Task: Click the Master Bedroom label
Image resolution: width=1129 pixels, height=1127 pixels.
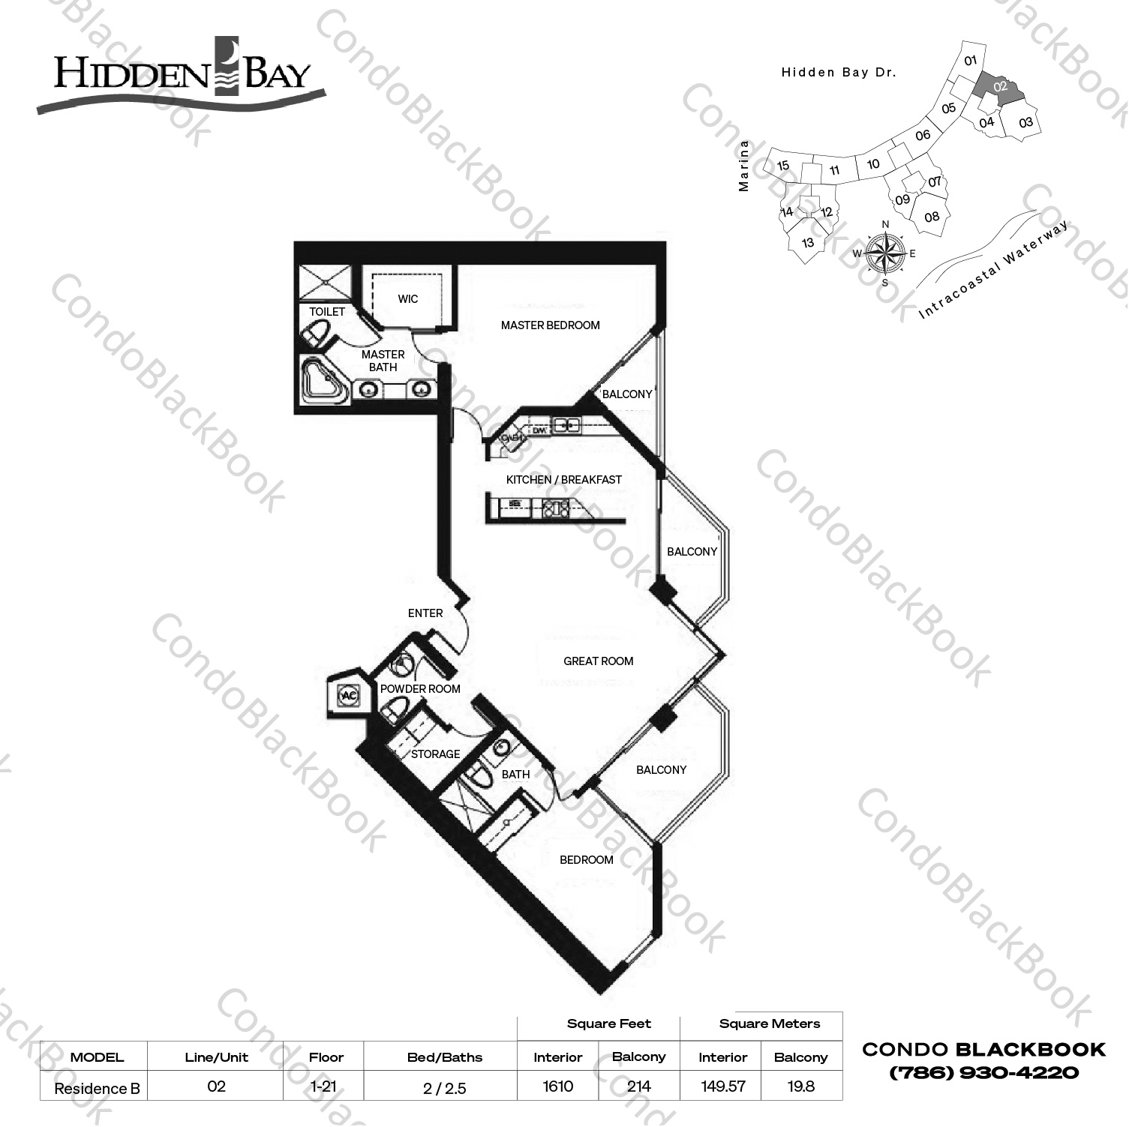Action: click(550, 325)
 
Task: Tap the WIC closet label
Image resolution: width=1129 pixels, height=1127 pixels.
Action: click(408, 299)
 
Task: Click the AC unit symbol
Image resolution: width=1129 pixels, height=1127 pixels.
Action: click(349, 696)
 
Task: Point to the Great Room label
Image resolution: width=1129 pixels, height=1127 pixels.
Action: click(598, 661)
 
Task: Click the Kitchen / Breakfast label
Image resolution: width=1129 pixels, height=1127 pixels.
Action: click(563, 480)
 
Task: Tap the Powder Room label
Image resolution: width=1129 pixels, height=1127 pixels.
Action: click(420, 689)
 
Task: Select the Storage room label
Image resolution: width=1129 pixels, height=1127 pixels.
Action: click(435, 754)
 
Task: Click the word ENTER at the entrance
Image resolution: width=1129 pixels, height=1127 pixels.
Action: click(425, 613)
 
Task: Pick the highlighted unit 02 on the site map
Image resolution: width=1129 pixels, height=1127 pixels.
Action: click(1000, 88)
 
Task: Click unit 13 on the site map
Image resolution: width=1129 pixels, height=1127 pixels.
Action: click(808, 243)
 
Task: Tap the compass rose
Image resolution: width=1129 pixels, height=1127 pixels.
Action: click(885, 253)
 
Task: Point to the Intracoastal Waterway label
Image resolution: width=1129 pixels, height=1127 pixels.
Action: click(994, 271)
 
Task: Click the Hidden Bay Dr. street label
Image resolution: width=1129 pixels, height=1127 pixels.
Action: click(839, 73)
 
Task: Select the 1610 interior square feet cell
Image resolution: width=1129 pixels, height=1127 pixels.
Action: click(557, 1087)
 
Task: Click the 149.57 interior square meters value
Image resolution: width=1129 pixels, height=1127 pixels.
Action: click(722, 1087)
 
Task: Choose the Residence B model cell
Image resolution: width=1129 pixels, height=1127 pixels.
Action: click(97, 1088)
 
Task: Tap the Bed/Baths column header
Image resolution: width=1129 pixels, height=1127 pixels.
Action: click(445, 1057)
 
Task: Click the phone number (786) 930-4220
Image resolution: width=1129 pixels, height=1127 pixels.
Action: click(983, 1072)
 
